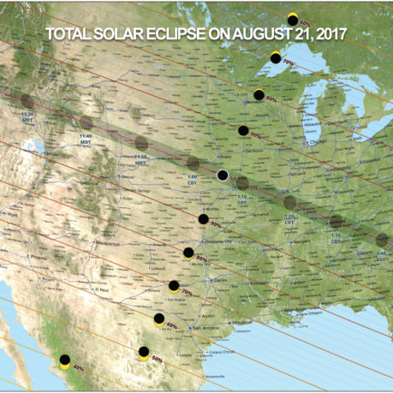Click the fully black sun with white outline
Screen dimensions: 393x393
pos(223,176)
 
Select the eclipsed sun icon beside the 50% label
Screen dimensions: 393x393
pos(144,352)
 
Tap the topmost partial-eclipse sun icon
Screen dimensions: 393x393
pos(293,19)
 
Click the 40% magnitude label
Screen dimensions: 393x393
pos(78,368)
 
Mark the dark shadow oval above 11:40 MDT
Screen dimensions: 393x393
pos(86,123)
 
